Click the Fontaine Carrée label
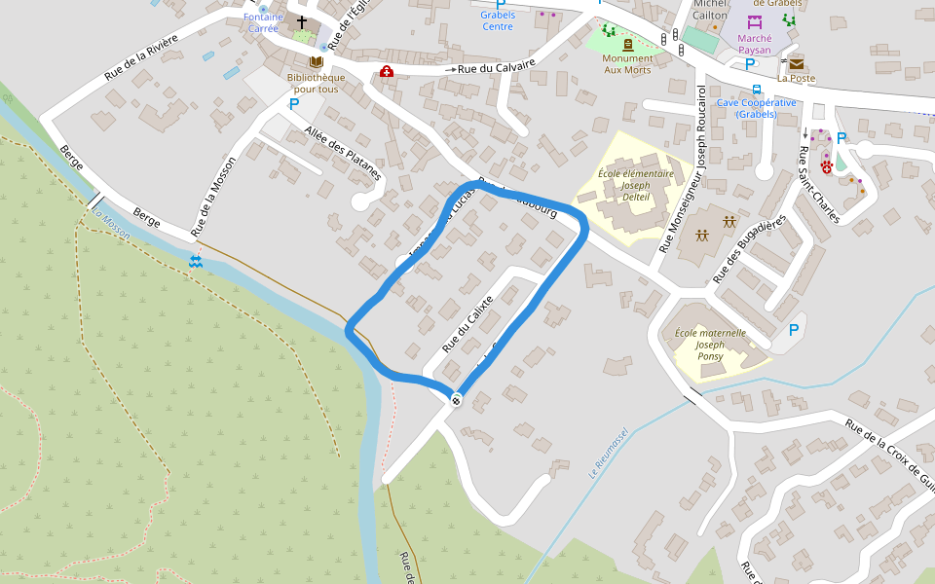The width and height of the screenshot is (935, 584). (x=263, y=22)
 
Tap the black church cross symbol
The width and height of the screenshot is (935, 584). (x=302, y=21)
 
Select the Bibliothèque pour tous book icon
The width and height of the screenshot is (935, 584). (x=316, y=61)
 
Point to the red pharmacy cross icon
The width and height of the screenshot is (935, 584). (x=387, y=72)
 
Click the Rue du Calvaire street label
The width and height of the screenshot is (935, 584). (x=497, y=67)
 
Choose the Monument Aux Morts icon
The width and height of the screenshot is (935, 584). (x=627, y=45)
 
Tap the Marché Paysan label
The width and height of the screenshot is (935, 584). (x=755, y=44)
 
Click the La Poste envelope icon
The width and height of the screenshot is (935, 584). (x=797, y=63)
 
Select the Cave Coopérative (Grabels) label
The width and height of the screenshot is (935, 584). (x=756, y=108)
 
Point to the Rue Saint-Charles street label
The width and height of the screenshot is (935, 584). (x=818, y=184)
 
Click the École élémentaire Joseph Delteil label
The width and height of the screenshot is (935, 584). (x=635, y=185)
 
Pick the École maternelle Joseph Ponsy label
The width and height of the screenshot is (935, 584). (x=710, y=344)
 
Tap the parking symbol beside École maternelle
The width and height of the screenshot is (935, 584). (x=794, y=330)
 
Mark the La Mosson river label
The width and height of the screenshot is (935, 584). (x=110, y=223)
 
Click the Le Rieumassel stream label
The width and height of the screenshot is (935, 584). (x=610, y=453)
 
